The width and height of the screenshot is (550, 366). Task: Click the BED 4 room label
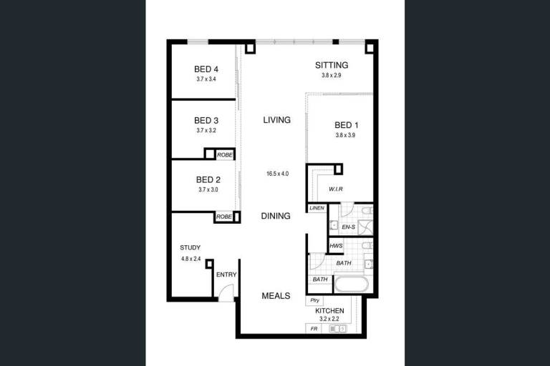tap(206, 69)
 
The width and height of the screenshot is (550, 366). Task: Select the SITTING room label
tap(332, 65)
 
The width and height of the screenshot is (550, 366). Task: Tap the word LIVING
tap(276, 120)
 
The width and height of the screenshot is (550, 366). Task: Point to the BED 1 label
tap(346, 125)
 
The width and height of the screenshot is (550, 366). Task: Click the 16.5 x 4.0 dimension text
tap(277, 174)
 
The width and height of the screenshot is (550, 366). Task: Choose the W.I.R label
tap(336, 189)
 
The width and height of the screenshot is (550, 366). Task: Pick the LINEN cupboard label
tap(317, 208)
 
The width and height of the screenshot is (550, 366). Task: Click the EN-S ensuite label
tap(348, 227)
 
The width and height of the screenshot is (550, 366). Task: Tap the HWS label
tap(336, 246)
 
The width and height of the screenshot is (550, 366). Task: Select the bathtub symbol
tap(351, 285)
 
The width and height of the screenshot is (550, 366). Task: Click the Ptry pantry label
tap(314, 300)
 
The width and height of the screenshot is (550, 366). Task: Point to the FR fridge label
tap(314, 329)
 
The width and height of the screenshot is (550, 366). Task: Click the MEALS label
tap(276, 296)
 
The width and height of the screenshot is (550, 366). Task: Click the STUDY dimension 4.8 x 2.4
tap(190, 259)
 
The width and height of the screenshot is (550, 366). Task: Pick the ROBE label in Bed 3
tap(224, 155)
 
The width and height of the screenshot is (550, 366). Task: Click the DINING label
tap(276, 216)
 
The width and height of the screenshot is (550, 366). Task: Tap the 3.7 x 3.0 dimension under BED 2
tap(208, 190)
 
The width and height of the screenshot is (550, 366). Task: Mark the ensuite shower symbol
tap(365, 227)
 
